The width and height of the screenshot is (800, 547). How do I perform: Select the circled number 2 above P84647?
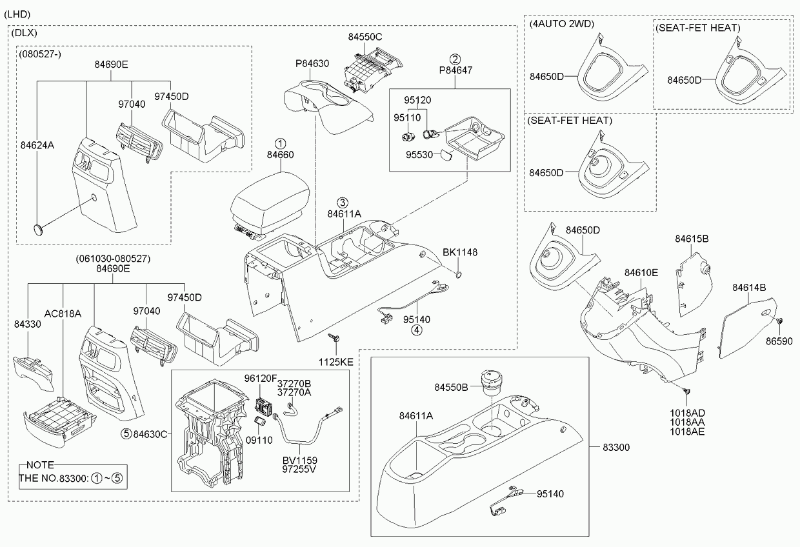455,59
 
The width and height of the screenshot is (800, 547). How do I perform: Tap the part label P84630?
312,64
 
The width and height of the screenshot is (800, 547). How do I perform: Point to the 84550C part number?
366,37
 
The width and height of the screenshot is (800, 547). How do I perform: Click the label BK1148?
460,252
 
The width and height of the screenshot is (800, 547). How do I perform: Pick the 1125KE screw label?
337,363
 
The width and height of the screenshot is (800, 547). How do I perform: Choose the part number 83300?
616,447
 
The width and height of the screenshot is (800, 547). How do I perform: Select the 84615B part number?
692,239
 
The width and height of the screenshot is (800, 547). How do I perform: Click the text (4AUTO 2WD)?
561,25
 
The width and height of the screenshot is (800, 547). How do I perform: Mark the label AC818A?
63,313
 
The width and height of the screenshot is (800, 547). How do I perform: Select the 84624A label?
37,145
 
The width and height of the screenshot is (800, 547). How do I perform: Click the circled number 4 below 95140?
417,330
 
